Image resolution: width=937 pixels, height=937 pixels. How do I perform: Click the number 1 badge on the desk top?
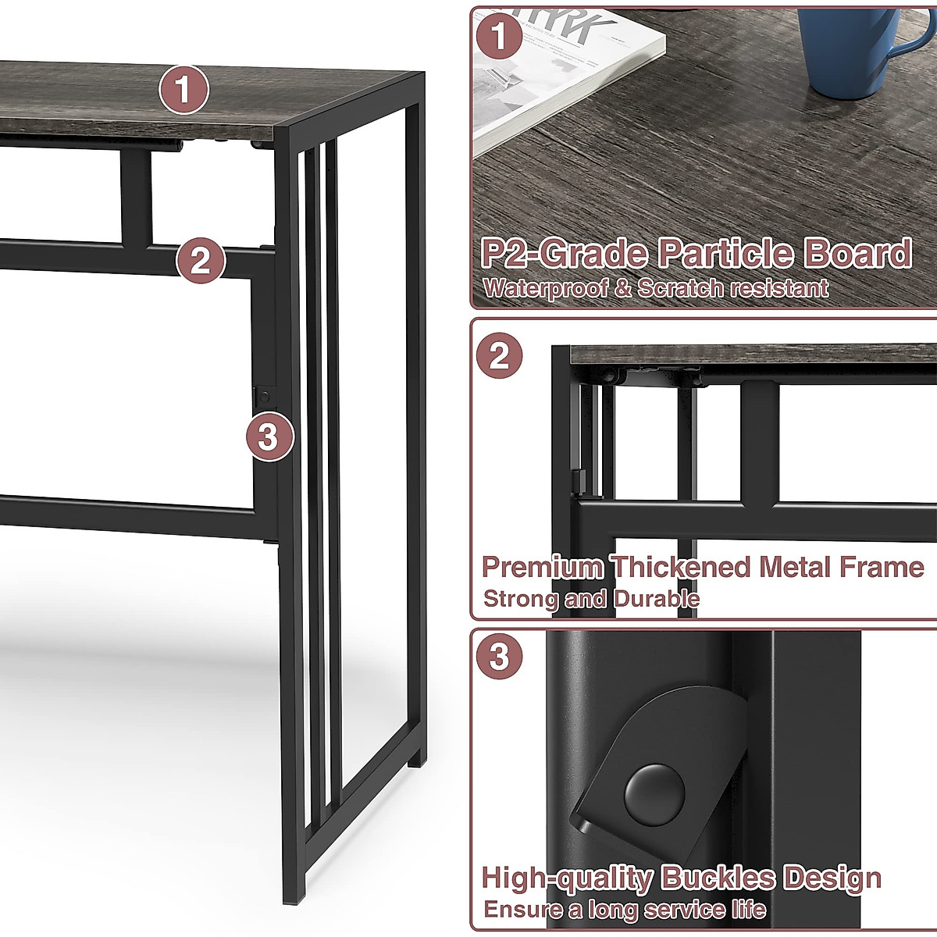[183, 91]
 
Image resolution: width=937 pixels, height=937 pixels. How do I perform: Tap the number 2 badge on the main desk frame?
[201, 259]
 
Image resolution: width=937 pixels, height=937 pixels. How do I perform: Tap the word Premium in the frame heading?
[542, 567]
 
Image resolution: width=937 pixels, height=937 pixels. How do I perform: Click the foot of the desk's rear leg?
[416, 756]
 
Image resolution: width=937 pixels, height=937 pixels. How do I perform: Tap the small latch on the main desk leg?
[263, 394]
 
